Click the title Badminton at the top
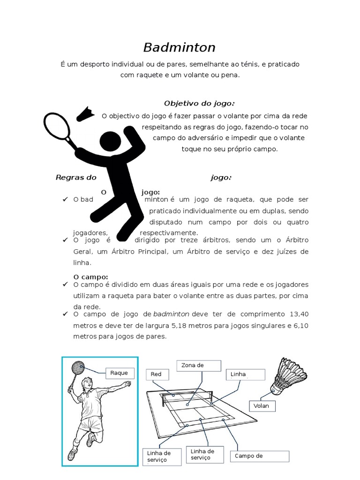coord(179,47)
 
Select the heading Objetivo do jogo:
coord(199,103)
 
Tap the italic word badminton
coord(171,314)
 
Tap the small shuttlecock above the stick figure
coord(86,114)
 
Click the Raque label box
coord(120,373)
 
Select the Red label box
coord(160,374)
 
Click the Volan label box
coord(263,405)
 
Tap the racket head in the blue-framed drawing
coord(77,368)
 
